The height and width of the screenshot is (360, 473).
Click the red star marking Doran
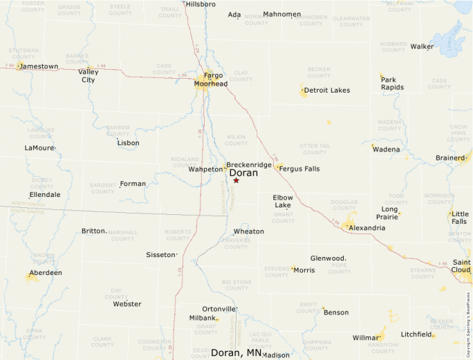(236, 180)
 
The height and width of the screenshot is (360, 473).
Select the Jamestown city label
(39, 66)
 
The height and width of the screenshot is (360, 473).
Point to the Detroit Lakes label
(327, 91)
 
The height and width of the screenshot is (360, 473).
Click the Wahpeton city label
(205, 169)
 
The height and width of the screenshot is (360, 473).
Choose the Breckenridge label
(249, 165)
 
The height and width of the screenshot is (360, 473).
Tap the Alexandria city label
(367, 228)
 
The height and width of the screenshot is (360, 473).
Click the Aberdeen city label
(46, 273)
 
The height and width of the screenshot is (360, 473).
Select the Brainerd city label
(450, 158)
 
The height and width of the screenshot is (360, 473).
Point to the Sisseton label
(161, 255)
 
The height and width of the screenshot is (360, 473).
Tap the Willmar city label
(367, 339)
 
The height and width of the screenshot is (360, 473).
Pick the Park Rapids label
(392, 84)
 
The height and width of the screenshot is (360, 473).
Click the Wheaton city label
(248, 231)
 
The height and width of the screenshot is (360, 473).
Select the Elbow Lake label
(283, 201)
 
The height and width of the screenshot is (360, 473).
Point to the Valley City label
(88, 75)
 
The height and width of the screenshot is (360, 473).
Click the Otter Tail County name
(314, 149)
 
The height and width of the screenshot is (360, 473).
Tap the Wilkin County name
(236, 140)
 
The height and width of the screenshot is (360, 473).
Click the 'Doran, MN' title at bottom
(236, 353)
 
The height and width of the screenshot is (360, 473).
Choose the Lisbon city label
(128, 143)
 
